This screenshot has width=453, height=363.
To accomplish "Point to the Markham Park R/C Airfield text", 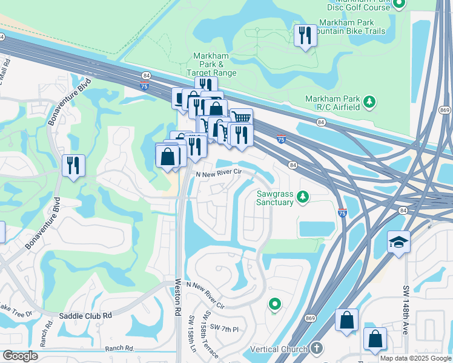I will pyautogui.click(x=333, y=103).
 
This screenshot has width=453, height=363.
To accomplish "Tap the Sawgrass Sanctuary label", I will pyautogui.click(x=275, y=198).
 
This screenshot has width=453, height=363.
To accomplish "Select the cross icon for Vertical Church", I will pyautogui.click(x=317, y=348).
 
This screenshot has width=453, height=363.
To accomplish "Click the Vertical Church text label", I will pyautogui.click(x=279, y=349).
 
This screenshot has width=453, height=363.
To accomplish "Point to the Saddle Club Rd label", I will pyautogui.click(x=85, y=315).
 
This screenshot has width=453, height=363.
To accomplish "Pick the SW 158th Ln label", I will pyautogui.click(x=193, y=334).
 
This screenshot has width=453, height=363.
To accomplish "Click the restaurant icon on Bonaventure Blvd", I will pyautogui.click(x=73, y=166).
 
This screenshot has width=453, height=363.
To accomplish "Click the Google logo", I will pyautogui.click(x=20, y=356).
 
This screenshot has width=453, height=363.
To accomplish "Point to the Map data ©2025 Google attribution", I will pyautogui.click(x=415, y=358).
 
